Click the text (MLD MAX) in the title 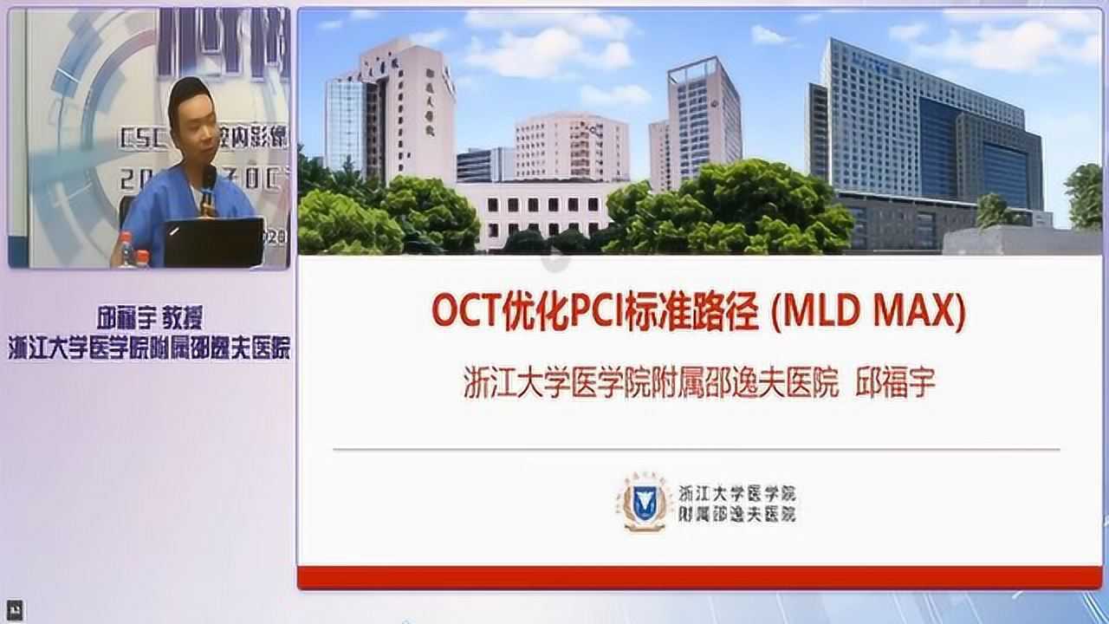point(867,312)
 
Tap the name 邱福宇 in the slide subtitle point(896,382)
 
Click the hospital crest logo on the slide point(642,503)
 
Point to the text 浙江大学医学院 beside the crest point(736,493)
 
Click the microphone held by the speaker point(208,188)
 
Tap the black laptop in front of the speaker point(214,243)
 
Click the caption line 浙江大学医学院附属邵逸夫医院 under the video point(149,348)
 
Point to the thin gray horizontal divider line point(696,449)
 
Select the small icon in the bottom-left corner point(13,609)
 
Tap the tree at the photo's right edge point(1085,195)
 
